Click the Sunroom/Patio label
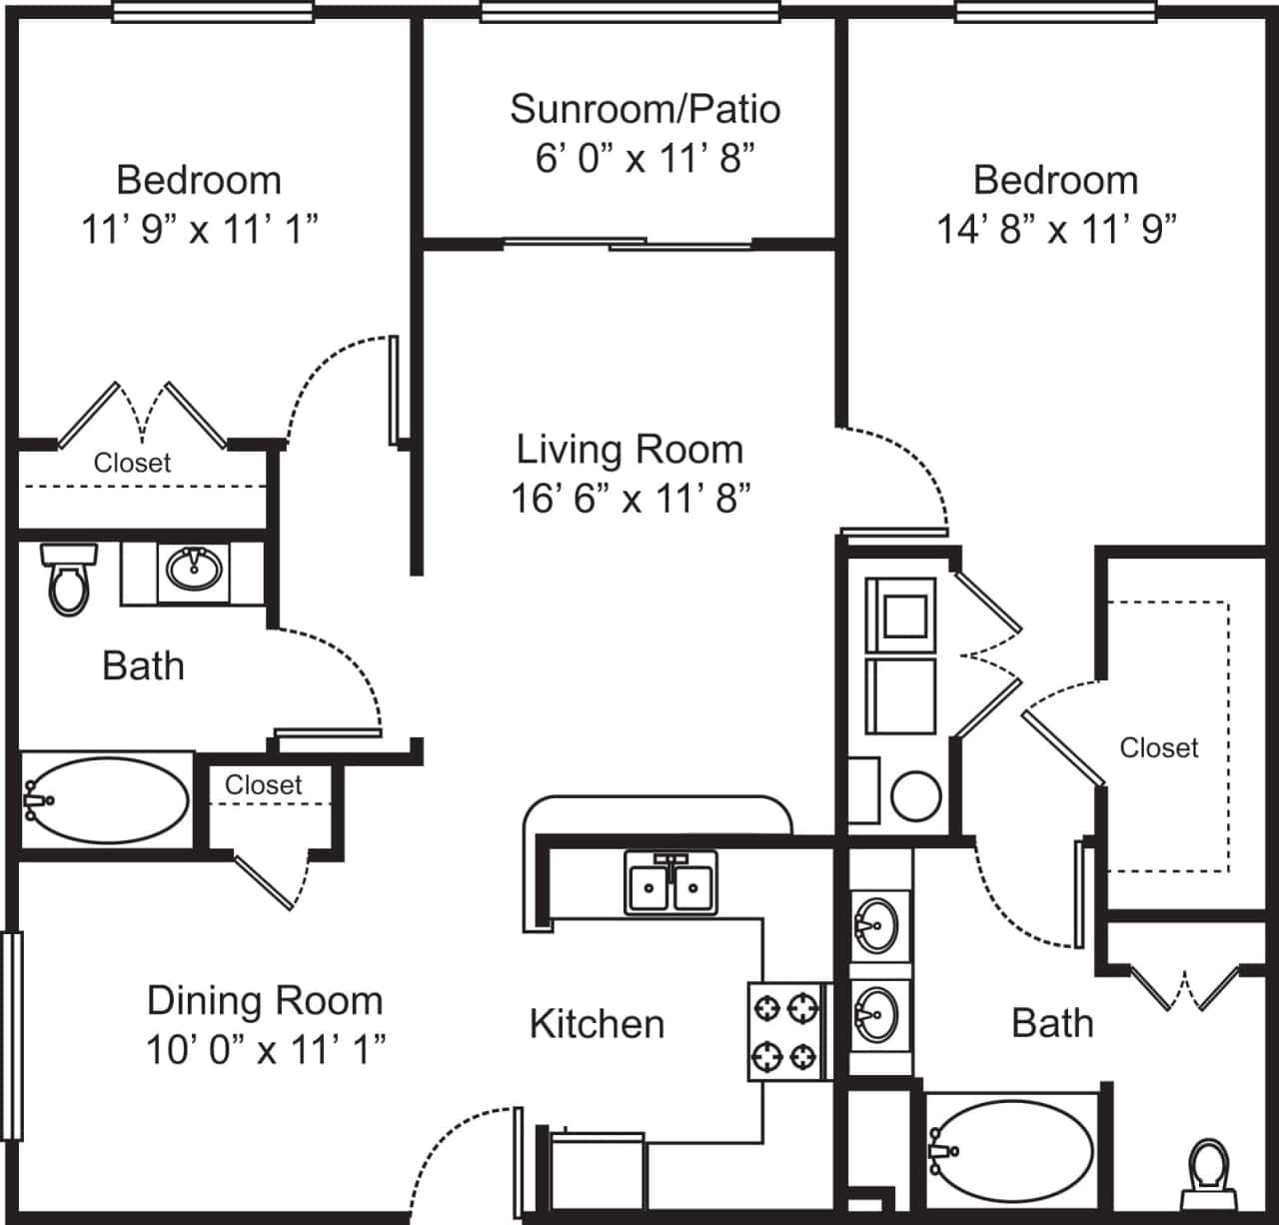pyautogui.click(x=644, y=109)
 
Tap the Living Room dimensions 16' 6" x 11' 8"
pyautogui.click(x=631, y=498)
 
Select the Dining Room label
pyautogui.click(x=265, y=1000)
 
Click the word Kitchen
pyautogui.click(x=597, y=1024)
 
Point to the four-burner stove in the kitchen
pyautogui.click(x=785, y=1031)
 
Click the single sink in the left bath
pyautogui.click(x=194, y=570)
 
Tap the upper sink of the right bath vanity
pyautogui.click(x=878, y=926)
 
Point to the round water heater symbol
pyautogui.click(x=915, y=796)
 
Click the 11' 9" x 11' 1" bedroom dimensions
pyautogui.click(x=199, y=230)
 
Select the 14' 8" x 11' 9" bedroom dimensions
pyautogui.click(x=1056, y=230)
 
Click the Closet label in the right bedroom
pyautogui.click(x=1158, y=747)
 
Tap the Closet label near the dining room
pyautogui.click(x=263, y=785)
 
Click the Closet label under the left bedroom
pyautogui.click(x=132, y=463)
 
